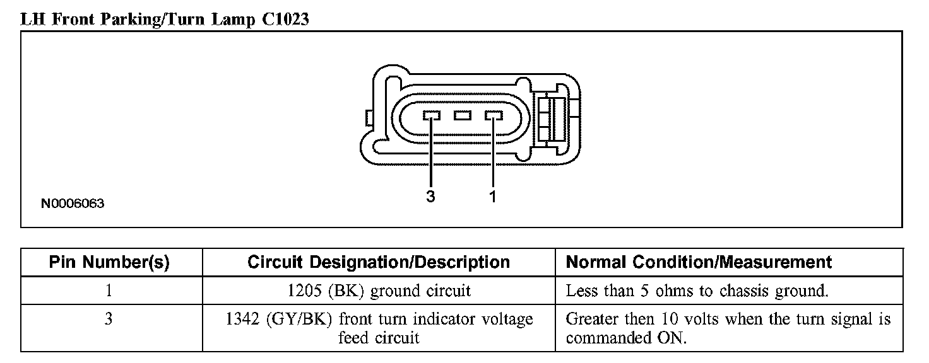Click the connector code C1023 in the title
(285, 19)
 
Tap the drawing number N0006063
(73, 204)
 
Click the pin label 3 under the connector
(430, 197)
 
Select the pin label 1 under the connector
(492, 197)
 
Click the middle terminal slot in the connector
(463, 115)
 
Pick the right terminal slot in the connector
(493, 115)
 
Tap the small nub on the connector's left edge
(367, 117)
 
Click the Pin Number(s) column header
(110, 262)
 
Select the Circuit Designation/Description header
(379, 262)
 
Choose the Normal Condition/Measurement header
(699, 262)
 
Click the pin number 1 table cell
(110, 291)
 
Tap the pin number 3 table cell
(110, 320)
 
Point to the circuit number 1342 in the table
(242, 320)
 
